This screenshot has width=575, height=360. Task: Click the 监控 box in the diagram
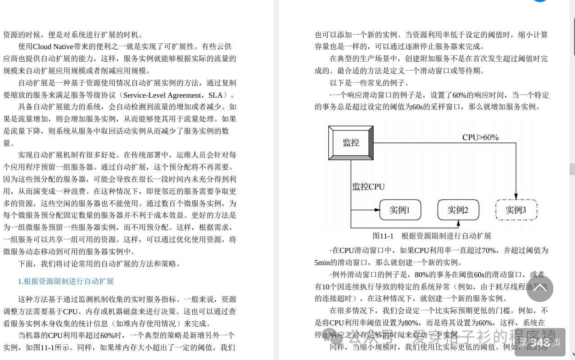(351, 143)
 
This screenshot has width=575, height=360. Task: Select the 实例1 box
(400, 210)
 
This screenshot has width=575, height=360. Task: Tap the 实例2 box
(458, 210)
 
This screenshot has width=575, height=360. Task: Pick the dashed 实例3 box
(516, 210)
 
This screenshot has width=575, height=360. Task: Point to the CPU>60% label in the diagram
(480, 137)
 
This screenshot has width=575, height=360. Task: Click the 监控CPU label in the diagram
(369, 186)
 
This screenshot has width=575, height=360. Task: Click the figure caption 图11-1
(383, 236)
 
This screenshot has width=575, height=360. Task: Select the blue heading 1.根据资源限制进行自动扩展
(66, 281)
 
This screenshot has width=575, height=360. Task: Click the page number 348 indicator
(540, 342)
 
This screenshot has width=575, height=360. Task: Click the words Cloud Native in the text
(54, 46)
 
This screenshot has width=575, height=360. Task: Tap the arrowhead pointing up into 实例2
(458, 223)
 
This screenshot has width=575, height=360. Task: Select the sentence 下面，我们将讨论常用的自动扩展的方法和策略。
(99, 264)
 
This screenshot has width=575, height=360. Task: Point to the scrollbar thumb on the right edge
(572, 169)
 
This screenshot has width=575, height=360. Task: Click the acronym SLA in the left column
(216, 95)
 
